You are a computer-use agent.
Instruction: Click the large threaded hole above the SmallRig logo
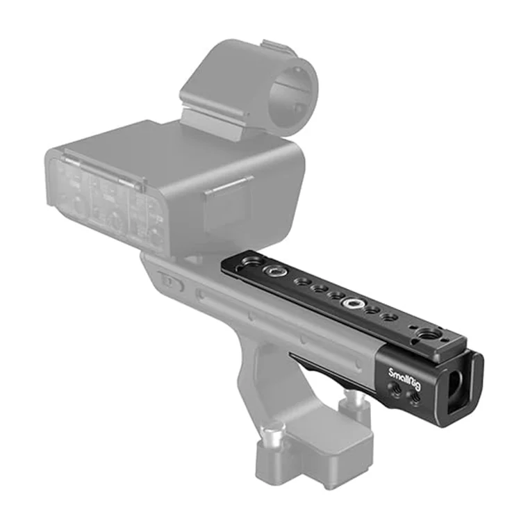coord(436,334)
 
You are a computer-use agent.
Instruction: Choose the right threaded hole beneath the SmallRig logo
coord(415,398)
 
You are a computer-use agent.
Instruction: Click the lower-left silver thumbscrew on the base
coord(272,441)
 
